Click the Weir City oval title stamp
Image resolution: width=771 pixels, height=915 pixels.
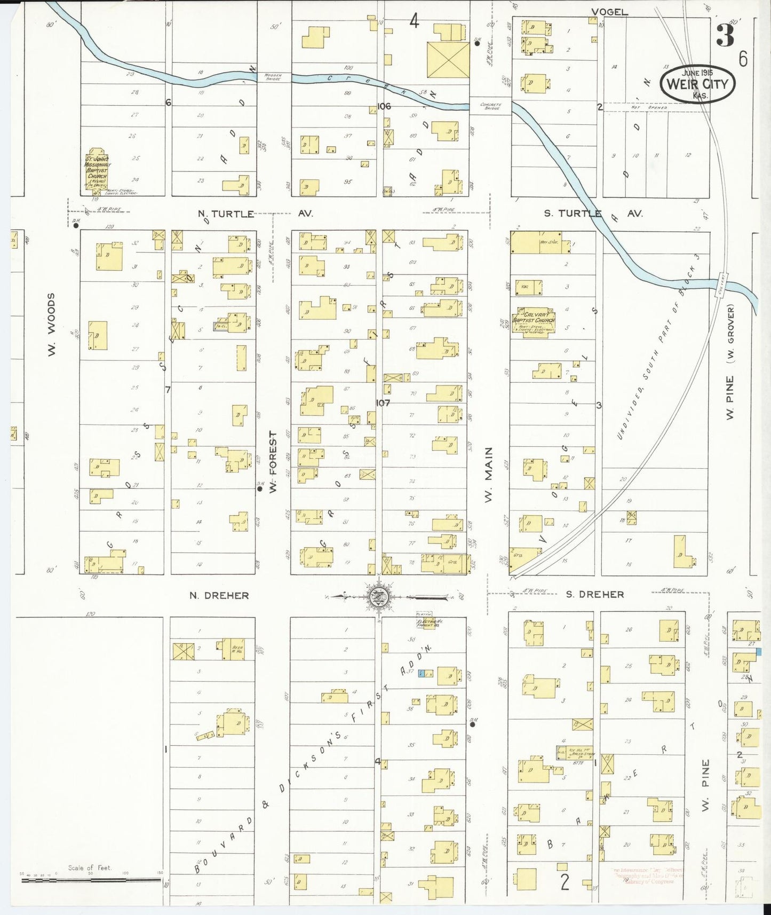tap(697, 83)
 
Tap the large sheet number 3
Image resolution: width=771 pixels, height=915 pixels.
tap(725, 36)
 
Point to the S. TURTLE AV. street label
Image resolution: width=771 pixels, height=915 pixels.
tap(593, 213)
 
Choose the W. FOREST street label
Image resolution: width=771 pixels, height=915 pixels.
tap(273, 462)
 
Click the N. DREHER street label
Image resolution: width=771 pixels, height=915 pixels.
tap(219, 595)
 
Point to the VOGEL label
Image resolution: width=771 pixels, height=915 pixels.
tap(610, 12)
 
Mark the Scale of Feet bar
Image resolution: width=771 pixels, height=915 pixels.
tap(91, 879)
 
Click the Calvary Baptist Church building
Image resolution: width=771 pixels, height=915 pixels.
tap(534, 321)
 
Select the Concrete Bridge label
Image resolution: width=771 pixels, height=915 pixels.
tap(489, 106)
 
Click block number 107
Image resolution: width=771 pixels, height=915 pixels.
tap(383, 403)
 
